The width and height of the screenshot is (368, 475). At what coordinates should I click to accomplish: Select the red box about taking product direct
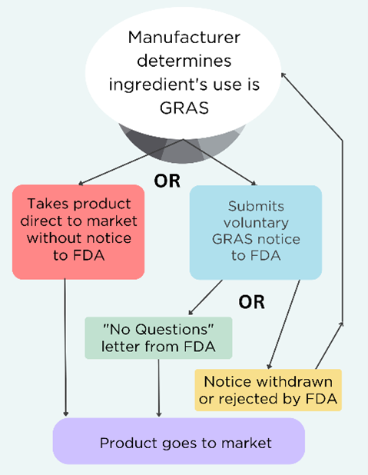[78, 230]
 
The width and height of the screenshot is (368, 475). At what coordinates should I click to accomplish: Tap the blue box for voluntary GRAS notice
[257, 231]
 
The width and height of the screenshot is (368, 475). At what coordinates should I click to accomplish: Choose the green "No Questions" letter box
[158, 337]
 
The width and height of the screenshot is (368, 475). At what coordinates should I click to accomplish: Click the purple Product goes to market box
[178, 443]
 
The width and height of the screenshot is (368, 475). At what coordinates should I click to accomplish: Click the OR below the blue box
[251, 301]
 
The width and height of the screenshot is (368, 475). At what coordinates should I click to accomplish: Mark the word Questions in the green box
[179, 329]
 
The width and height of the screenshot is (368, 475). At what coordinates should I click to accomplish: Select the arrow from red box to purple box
[67, 346]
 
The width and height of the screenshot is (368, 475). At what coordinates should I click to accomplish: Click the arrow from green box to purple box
[159, 388]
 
